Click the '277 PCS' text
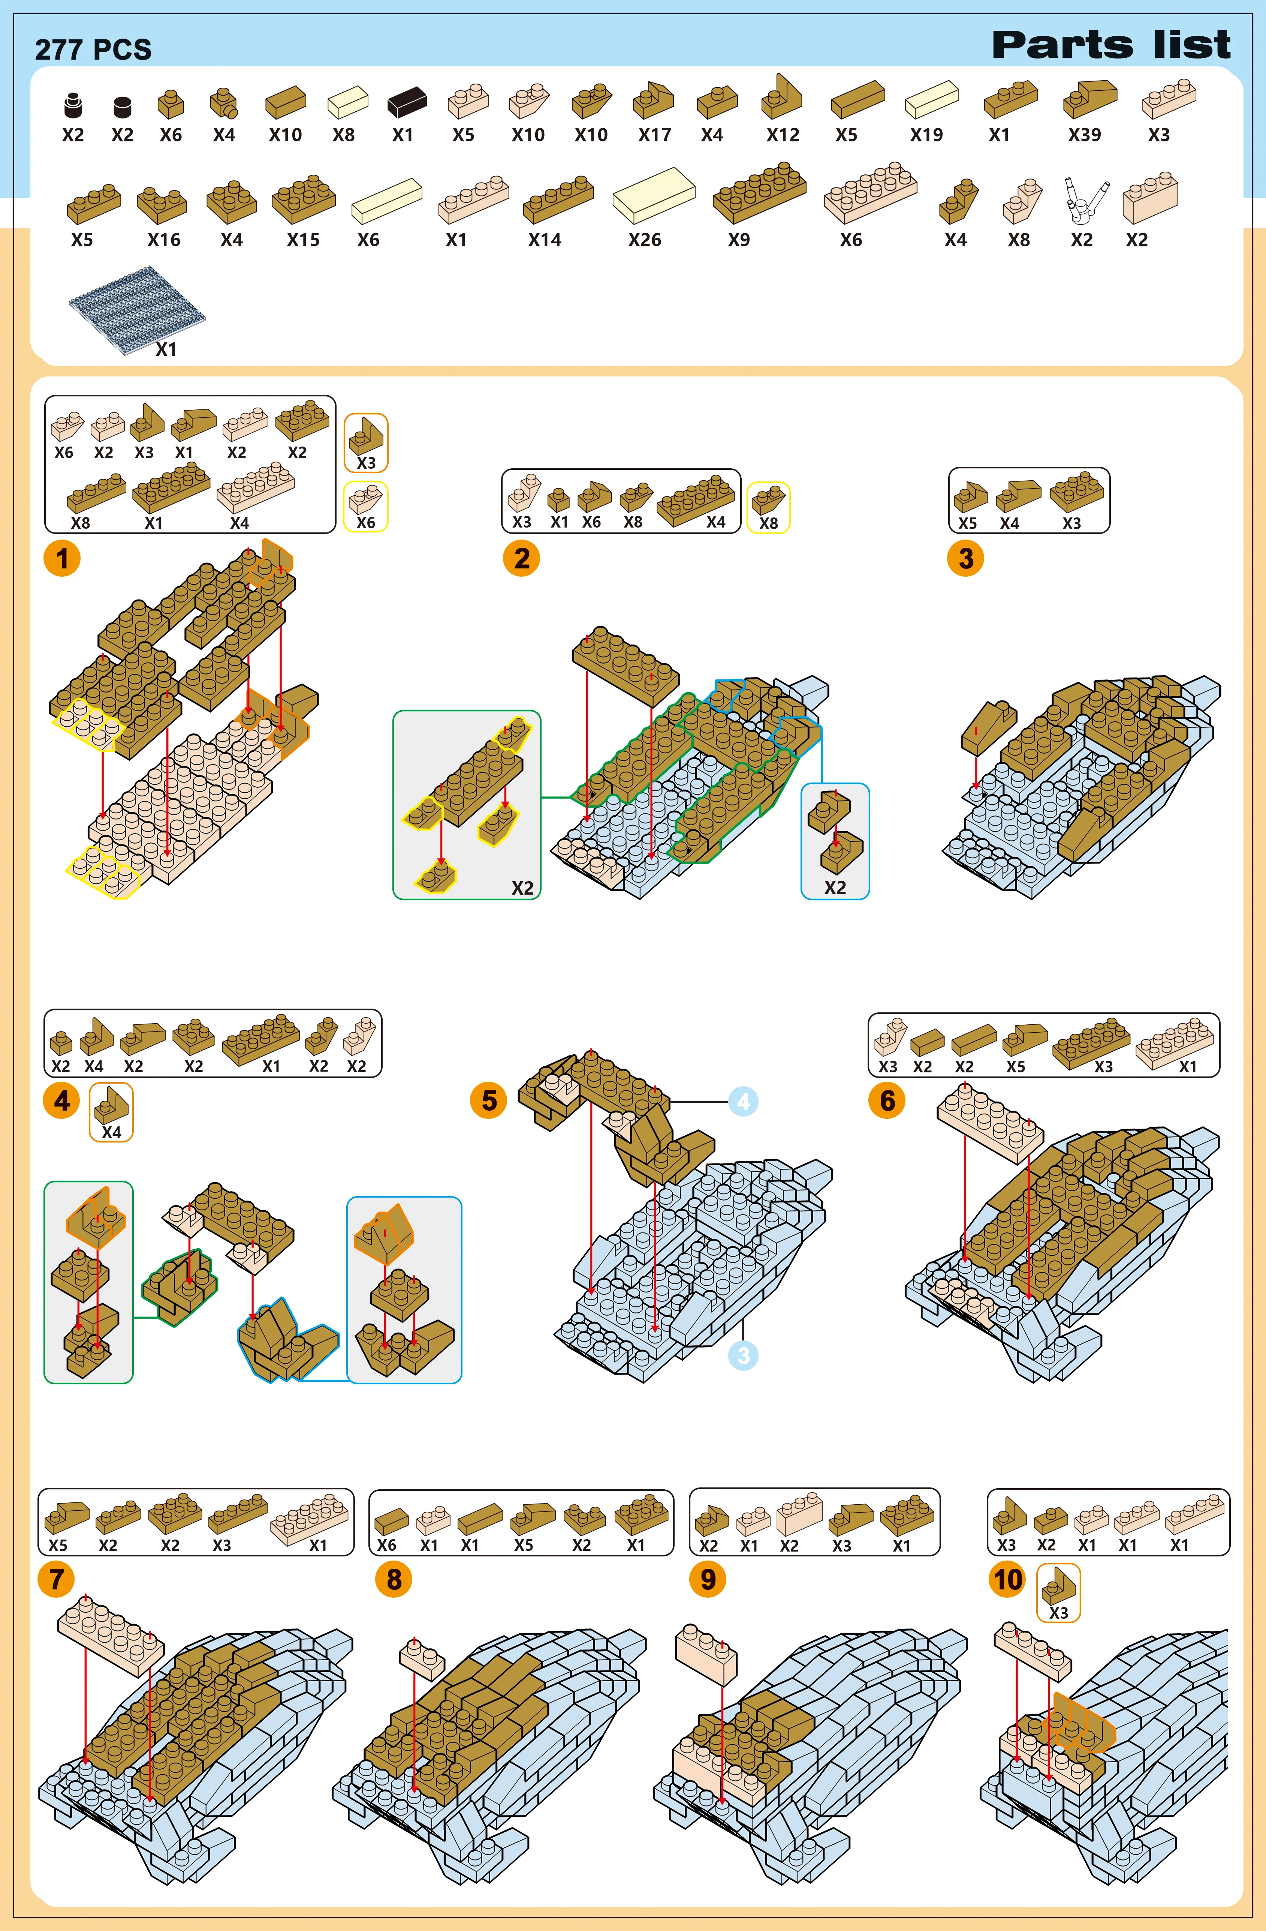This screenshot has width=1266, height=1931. tap(93, 49)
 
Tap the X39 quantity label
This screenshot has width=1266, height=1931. tap(1084, 135)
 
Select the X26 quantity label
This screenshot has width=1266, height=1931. tap(645, 240)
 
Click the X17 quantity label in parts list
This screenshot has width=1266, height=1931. tap(654, 135)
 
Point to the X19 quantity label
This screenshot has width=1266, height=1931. tap(926, 135)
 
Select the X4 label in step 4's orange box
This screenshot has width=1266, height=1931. tap(111, 1132)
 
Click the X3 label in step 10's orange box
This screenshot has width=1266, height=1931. tap(1058, 1613)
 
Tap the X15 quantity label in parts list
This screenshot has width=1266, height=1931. tap(303, 240)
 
